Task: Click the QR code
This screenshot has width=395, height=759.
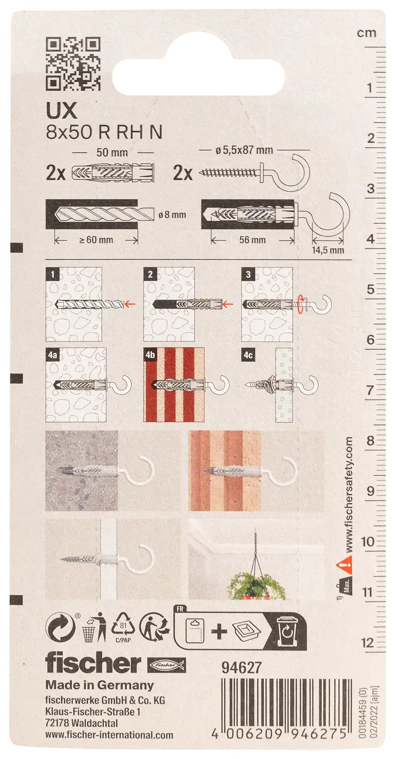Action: point(73,64)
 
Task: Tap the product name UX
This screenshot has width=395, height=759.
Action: point(62,110)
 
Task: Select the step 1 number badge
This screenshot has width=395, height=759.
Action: point(53,274)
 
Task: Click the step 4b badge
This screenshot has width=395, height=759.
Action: point(150,355)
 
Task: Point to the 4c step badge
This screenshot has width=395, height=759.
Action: point(248,355)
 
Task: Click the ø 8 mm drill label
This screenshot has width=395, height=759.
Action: point(172,215)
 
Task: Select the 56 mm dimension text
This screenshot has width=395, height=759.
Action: point(252,240)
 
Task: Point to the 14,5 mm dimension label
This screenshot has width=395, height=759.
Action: point(328,250)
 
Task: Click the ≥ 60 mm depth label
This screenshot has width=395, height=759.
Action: point(96,240)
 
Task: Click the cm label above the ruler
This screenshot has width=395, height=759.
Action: point(366,33)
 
